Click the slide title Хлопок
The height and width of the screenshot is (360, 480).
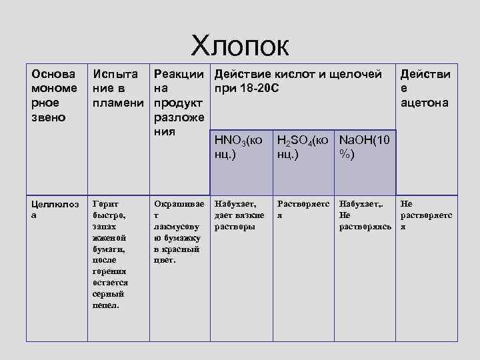(x=240, y=46)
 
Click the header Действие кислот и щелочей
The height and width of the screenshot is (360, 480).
(x=297, y=74)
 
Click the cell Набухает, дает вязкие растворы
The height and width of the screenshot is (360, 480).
(x=239, y=215)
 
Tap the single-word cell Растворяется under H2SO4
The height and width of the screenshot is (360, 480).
(x=303, y=209)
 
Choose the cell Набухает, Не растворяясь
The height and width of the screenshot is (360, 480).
(x=365, y=215)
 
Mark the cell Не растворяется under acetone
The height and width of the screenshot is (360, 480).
(x=425, y=215)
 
